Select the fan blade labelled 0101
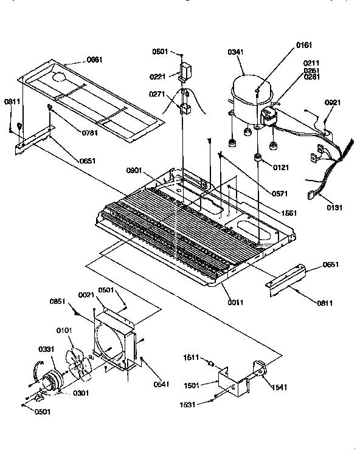click(x=78, y=365)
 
